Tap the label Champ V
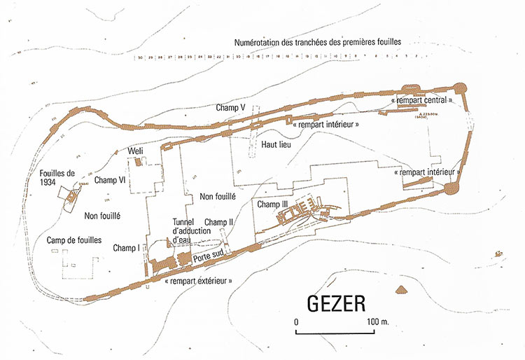click(230, 108)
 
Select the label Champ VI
click(109, 180)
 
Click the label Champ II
click(218, 222)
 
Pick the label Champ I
click(127, 247)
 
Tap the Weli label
click(136, 151)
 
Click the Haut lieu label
click(276, 145)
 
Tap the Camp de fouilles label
click(74, 240)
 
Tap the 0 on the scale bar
click(296, 321)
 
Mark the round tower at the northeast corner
click(461, 88)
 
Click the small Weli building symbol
click(139, 162)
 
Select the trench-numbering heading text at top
click(319, 42)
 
